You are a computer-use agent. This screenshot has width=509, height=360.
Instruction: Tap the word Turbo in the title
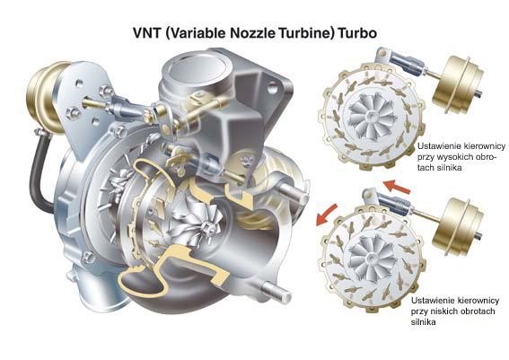pos(357,33)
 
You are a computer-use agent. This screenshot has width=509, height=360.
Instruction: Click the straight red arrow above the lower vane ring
pos(397,187)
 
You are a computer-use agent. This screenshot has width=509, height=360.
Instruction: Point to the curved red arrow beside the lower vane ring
pos(326,215)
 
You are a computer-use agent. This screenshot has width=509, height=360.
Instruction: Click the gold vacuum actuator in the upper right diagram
pos(458,84)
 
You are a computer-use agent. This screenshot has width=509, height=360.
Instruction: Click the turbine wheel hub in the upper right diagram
pos(370,115)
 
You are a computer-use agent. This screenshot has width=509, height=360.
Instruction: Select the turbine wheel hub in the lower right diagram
pos(371,258)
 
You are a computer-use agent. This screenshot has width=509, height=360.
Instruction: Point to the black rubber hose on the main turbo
pos(39,175)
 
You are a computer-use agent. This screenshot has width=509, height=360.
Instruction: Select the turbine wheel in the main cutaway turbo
pos(197,222)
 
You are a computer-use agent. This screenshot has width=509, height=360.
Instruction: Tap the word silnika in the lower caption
pos(424,322)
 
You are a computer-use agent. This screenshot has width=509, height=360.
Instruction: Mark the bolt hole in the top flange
pos(272,88)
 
